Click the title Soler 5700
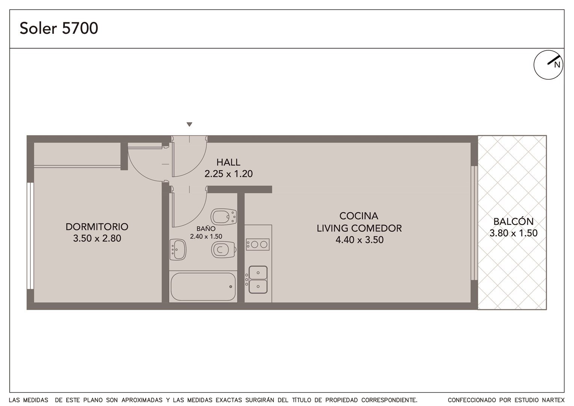pos(59,28)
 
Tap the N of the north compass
pos(557,65)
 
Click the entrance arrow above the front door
pos(189,124)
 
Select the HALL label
pos(228,162)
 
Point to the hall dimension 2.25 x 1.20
pos(228,174)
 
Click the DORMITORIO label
pos(97,227)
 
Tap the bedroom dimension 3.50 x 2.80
pos(97,238)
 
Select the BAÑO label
pos(206,228)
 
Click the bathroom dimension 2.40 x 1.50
pos(206,236)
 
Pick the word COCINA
pos(359,216)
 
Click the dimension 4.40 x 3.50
pos(360,240)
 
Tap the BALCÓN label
pos(514,221)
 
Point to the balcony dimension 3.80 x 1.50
pos(514,233)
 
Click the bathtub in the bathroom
pos(203,286)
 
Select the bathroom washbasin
pos(178,250)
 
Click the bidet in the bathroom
pos(224,217)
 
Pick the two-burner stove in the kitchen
pos(258,244)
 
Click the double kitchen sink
pos(258,280)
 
